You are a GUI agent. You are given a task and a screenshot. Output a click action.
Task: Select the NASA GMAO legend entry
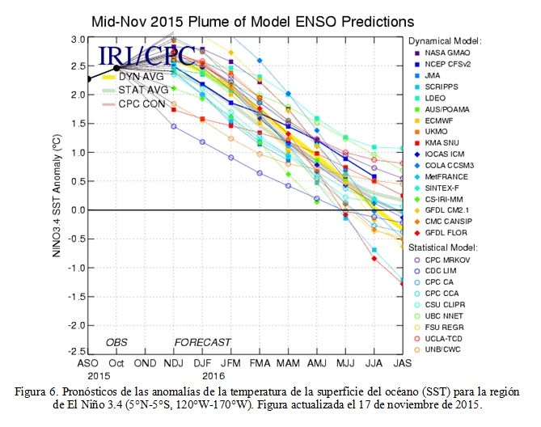(x=442, y=53)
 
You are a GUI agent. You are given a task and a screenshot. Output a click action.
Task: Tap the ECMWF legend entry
(x=434, y=120)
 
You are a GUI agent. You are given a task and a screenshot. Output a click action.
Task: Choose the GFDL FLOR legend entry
(x=441, y=233)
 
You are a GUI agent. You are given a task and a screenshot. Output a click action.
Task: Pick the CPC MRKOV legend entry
(x=442, y=260)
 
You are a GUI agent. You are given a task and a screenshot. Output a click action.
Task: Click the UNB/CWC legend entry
(x=437, y=349)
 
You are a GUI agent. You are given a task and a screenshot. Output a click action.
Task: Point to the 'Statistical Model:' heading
(x=443, y=247)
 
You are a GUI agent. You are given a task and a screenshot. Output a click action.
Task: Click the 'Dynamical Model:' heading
(x=445, y=41)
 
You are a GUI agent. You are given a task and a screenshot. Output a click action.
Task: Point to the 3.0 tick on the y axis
(x=78, y=40)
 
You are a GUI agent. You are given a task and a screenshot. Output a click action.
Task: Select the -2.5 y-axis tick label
(x=77, y=352)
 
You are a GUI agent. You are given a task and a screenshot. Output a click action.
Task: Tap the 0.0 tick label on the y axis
(x=78, y=210)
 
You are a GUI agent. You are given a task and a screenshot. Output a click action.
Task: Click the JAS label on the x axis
(x=403, y=364)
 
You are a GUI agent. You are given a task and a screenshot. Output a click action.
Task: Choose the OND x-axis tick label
(x=145, y=364)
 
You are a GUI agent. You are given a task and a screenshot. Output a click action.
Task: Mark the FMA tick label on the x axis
(x=260, y=364)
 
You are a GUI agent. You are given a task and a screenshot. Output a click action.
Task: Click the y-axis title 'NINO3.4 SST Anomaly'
(x=57, y=196)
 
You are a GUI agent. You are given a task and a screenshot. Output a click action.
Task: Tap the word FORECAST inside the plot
(x=202, y=343)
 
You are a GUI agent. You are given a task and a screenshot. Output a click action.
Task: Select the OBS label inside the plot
(x=116, y=343)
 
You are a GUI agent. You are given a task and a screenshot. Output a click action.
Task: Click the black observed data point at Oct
(x=116, y=68)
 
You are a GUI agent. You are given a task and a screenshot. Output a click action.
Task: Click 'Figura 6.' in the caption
(x=35, y=392)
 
